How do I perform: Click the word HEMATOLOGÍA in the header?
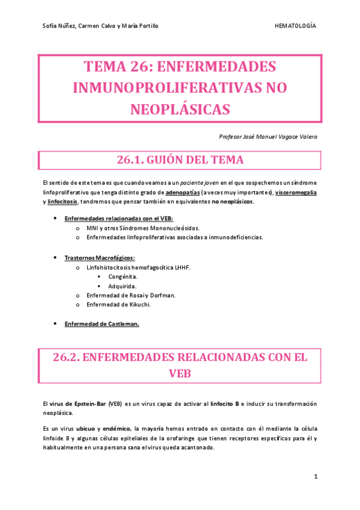[295, 26]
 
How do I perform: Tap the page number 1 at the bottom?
[315, 477]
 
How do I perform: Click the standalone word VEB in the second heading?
[180, 373]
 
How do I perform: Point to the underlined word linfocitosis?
[62, 201]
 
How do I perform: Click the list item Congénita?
[123, 276]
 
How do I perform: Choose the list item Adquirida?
[123, 286]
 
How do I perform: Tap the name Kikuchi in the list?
[138, 304]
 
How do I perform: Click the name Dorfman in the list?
[160, 295]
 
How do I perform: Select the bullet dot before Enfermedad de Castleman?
[55, 324]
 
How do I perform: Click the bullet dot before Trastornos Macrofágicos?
[55, 257]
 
